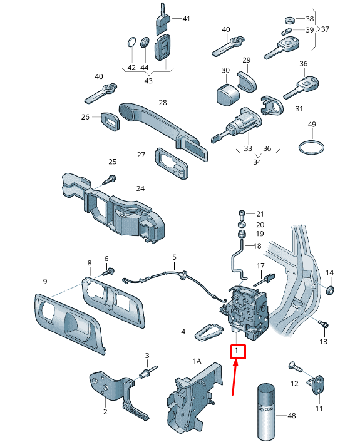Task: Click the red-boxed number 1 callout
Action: [x=238, y=352]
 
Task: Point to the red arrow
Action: [x=235, y=379]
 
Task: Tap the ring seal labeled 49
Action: [x=311, y=148]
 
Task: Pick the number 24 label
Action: [x=140, y=188]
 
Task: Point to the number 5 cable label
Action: [x=175, y=257]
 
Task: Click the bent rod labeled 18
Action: [x=237, y=260]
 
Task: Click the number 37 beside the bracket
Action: [x=324, y=29]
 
